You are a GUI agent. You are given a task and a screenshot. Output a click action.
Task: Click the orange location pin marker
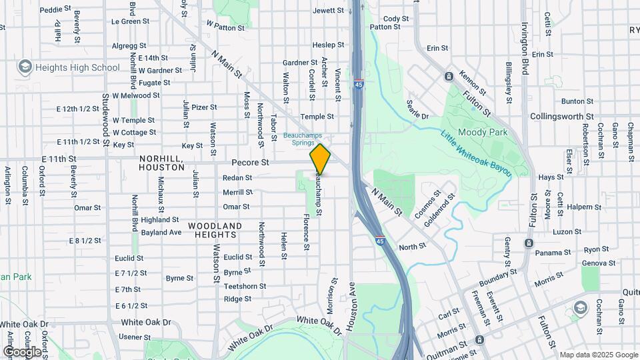[320, 159]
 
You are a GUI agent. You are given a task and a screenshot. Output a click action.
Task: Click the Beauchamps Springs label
[298, 138]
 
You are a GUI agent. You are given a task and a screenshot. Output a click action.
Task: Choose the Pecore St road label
[250, 162]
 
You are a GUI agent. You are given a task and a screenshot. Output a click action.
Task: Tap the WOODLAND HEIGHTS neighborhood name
[215, 230]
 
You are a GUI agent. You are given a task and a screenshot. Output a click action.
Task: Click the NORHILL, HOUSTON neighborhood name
[161, 163]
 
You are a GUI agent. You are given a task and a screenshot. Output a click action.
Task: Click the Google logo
[22, 351]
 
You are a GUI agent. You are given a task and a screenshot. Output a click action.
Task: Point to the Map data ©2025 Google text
[598, 355]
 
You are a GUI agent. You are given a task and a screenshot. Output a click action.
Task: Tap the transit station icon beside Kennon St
[449, 76]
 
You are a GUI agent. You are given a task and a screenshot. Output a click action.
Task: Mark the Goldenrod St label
[439, 209]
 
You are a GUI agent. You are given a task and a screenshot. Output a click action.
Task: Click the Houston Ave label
[352, 307]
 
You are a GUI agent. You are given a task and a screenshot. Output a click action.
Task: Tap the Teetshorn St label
[245, 286]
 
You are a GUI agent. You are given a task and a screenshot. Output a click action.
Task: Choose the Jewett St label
[328, 11]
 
